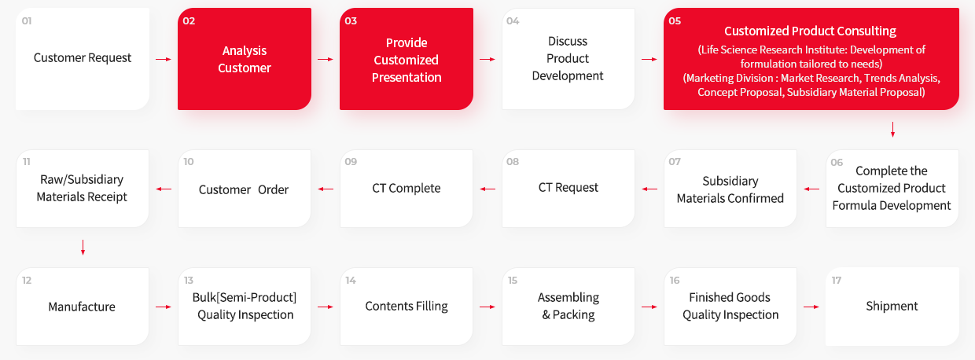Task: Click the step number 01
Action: click(27, 21)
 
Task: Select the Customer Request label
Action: click(83, 57)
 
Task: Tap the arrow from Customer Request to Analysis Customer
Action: click(164, 59)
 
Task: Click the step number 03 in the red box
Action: click(351, 21)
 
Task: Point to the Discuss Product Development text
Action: click(568, 59)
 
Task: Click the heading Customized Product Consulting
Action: click(810, 31)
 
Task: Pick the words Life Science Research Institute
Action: click(771, 50)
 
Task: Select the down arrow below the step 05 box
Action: click(892, 130)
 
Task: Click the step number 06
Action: click(837, 163)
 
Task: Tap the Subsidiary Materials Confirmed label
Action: click(730, 189)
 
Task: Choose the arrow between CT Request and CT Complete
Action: click(487, 189)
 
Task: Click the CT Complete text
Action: click(407, 189)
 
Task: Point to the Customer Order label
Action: click(244, 189)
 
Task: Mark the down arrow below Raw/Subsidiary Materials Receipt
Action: click(83, 248)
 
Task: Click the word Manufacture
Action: click(82, 307)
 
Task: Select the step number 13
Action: click(189, 281)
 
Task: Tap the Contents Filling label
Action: click(407, 307)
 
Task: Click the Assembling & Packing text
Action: click(568, 306)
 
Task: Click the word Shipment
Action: click(892, 307)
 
